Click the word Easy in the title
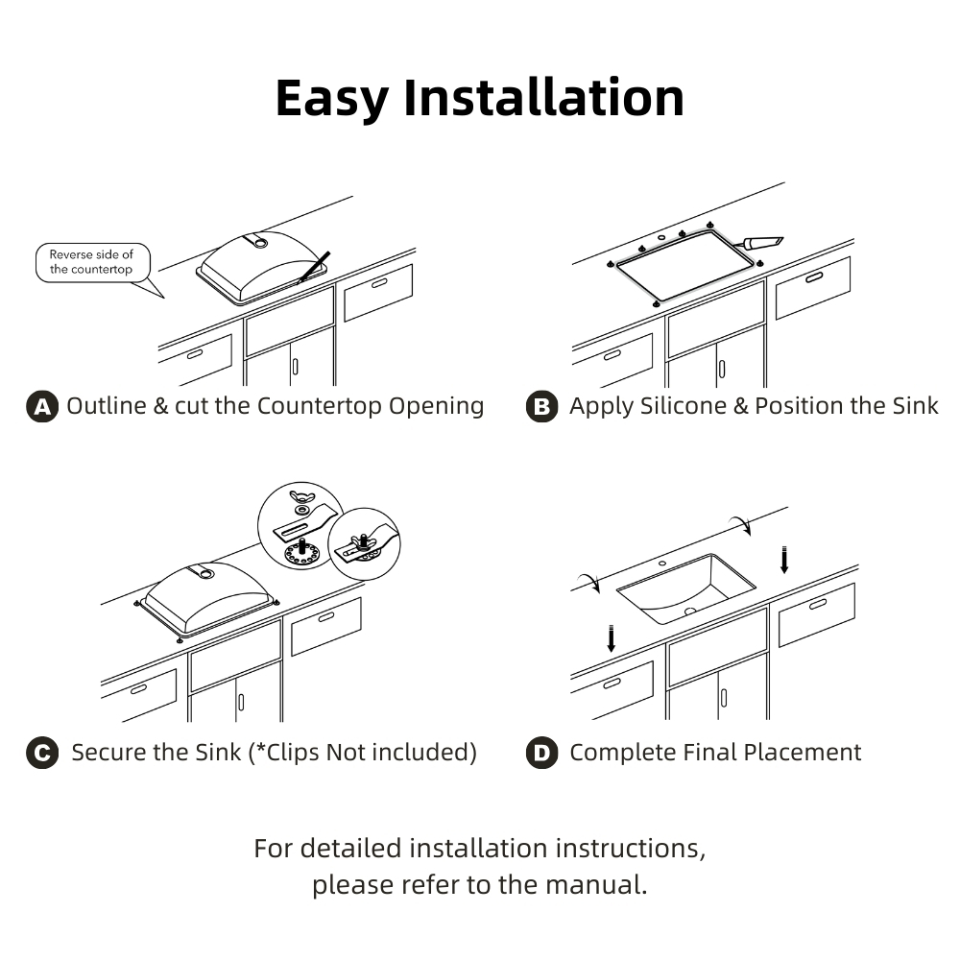[x=332, y=98]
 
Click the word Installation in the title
[x=543, y=98]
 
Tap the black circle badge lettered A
[x=41, y=406]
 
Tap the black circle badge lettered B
[x=542, y=406]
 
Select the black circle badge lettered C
[x=41, y=753]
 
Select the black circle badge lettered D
[x=542, y=753]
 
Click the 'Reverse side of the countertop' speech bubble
[x=92, y=262]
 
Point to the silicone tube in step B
[x=762, y=243]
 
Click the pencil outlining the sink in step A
[x=314, y=267]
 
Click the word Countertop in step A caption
[x=319, y=405]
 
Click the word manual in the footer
[x=596, y=883]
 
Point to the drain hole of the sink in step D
[x=690, y=611]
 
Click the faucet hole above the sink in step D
[x=662, y=562]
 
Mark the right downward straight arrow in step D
[x=784, y=559]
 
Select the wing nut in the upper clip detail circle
[x=305, y=498]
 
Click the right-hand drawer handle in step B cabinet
[x=814, y=277]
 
